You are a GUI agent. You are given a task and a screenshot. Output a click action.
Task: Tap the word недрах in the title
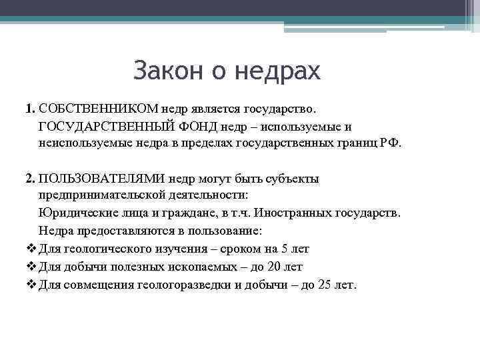279,71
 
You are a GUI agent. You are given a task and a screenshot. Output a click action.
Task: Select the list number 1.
29,107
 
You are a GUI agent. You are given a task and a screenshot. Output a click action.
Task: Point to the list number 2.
29,179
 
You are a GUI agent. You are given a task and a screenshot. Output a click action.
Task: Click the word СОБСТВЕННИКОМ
99,107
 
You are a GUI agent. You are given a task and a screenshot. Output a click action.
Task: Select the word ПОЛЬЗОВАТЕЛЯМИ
102,179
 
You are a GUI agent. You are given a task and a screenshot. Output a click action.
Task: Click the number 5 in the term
285,249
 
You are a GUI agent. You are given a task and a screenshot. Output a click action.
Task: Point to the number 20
273,267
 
